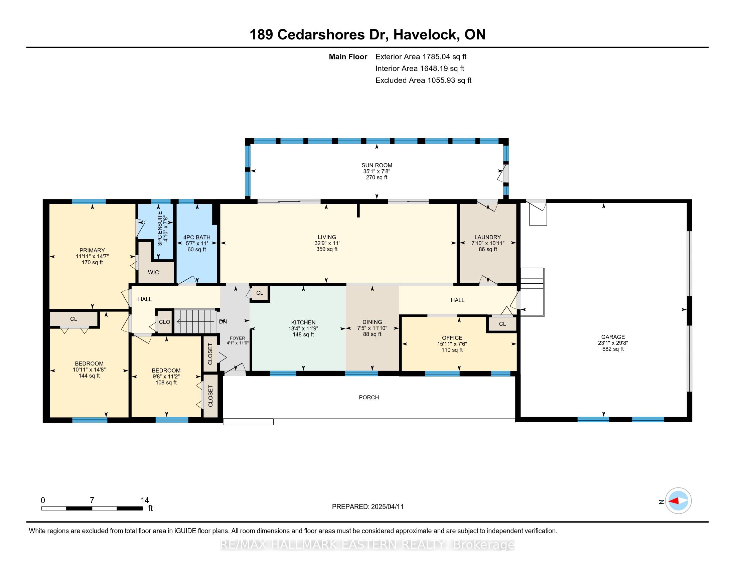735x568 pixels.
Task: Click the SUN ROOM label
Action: [x=377, y=165]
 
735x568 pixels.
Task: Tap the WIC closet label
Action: [x=153, y=272]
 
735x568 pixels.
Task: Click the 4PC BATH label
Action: [x=197, y=237]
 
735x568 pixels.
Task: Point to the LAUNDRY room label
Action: [x=488, y=237]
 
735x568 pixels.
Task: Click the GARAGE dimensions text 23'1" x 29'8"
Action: [x=613, y=343]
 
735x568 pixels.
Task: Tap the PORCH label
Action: [x=369, y=397]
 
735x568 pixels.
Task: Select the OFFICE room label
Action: [x=452, y=338]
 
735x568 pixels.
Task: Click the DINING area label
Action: [x=372, y=322]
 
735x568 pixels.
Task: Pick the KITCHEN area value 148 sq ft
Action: [x=303, y=334]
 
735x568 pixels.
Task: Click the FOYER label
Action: [x=238, y=338]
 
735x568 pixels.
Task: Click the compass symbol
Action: [x=678, y=501]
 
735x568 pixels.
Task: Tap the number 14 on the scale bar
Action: [x=145, y=501]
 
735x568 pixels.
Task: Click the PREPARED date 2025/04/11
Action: [x=387, y=507]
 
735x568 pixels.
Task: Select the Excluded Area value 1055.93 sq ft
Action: [x=449, y=81]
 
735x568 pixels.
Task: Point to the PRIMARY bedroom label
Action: [x=92, y=250]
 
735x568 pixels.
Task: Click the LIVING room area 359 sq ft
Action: [x=327, y=249]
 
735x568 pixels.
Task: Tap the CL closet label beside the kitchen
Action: [x=260, y=293]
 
